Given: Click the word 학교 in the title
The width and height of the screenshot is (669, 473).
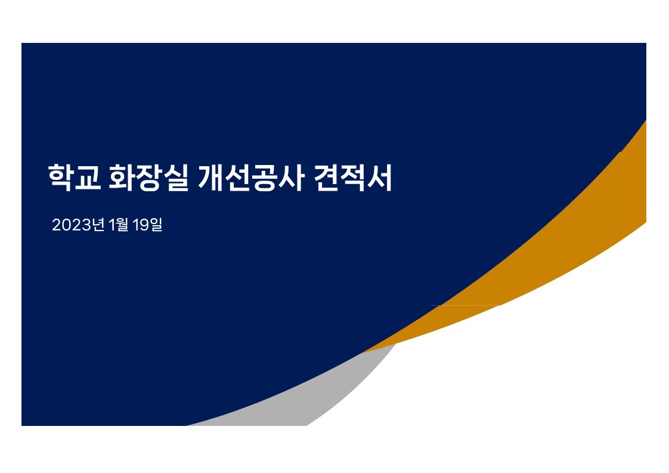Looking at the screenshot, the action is [x=75, y=178].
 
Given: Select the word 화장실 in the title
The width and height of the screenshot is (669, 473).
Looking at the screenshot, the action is [x=148, y=178].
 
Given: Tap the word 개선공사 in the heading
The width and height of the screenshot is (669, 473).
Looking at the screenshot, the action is [x=250, y=178].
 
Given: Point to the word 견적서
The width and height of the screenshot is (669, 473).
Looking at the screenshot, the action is [x=353, y=178].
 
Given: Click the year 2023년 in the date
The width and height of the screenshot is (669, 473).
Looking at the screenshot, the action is [x=78, y=225].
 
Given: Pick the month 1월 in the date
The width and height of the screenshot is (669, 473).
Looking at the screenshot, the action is [x=118, y=225].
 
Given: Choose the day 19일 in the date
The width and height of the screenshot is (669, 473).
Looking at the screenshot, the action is [x=147, y=225].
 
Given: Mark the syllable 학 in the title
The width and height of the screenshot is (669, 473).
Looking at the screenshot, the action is [x=61, y=178].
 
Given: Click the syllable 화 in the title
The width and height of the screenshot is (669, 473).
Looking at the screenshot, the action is [x=122, y=178].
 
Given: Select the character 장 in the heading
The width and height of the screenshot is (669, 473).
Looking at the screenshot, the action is [x=148, y=178].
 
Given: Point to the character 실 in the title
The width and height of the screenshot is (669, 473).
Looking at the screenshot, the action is [x=175, y=178].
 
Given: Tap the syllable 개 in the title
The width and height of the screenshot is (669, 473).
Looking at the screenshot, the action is [x=210, y=178].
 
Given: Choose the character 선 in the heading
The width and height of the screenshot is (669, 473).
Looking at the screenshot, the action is [x=237, y=178].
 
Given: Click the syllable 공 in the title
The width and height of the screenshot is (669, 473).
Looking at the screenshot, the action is [x=264, y=178].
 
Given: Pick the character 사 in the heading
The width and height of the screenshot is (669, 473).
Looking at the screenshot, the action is [x=291, y=178].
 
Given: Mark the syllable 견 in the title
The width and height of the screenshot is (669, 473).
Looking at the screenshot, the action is [x=326, y=178].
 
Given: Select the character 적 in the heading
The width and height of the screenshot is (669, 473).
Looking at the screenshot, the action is [x=353, y=178].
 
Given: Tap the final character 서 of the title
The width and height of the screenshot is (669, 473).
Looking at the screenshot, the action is [x=380, y=178].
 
